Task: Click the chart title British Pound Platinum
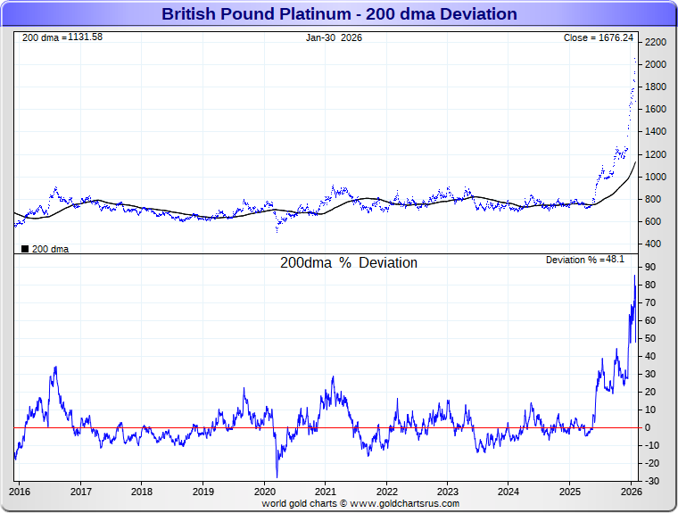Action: pyautogui.click(x=339, y=14)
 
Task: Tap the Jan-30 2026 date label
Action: pyautogui.click(x=334, y=37)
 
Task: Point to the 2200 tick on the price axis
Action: pyautogui.click(x=656, y=43)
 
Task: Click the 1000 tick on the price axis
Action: pyautogui.click(x=656, y=177)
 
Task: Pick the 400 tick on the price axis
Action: pyautogui.click(x=653, y=244)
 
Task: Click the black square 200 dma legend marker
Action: pyautogui.click(x=24, y=249)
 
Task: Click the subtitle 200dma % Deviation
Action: pyautogui.click(x=349, y=263)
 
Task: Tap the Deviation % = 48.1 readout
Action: pyautogui.click(x=584, y=260)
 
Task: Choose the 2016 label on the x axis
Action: pyautogui.click(x=21, y=491)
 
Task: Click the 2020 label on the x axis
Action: pyautogui.click(x=265, y=491)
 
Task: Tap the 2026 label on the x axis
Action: pyautogui.click(x=631, y=491)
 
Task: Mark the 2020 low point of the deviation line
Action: pyautogui.click(x=277, y=476)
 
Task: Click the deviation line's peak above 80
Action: pyautogui.click(x=634, y=276)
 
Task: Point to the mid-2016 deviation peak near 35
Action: pyautogui.click(x=55, y=367)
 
